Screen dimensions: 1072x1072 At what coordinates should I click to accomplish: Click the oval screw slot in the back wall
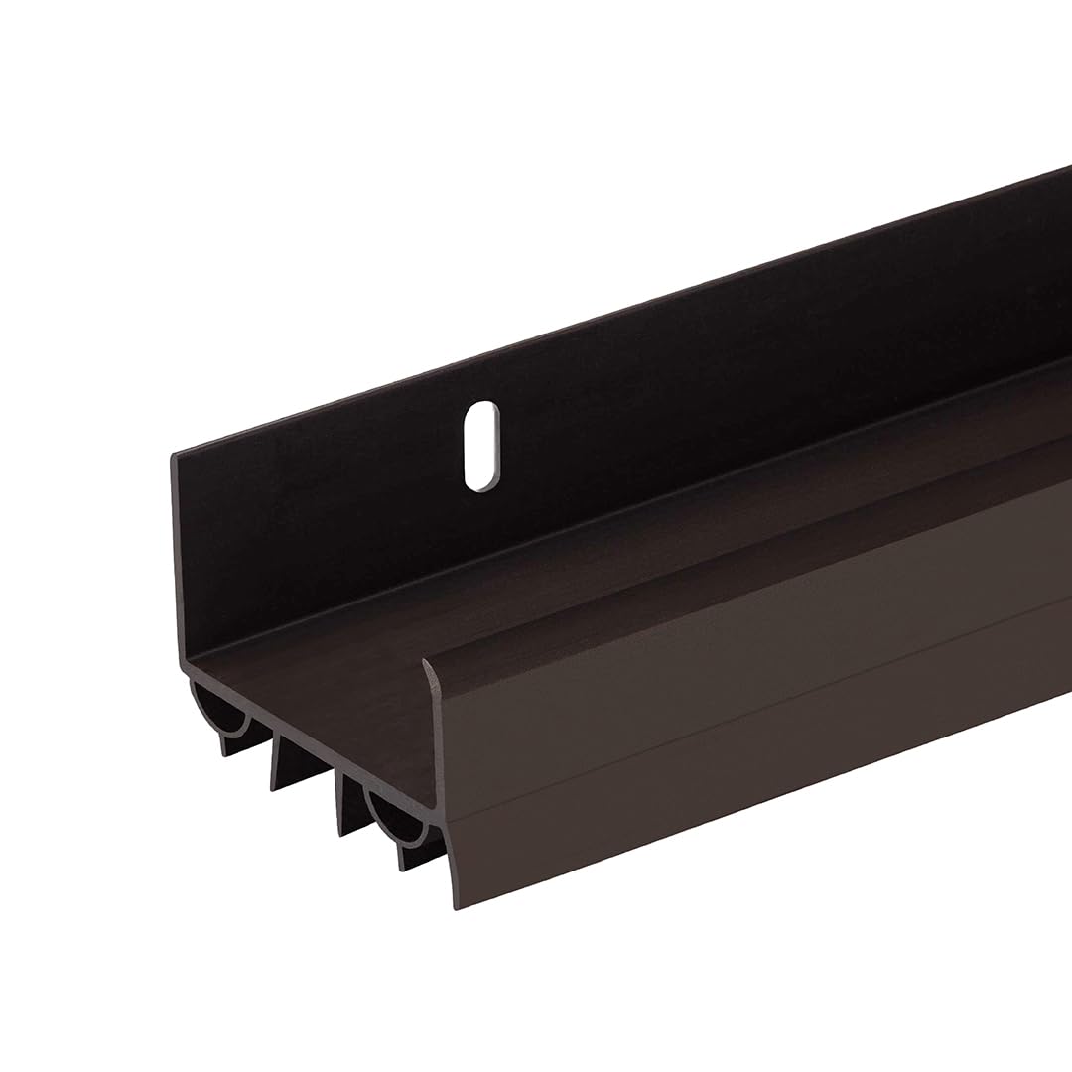480,446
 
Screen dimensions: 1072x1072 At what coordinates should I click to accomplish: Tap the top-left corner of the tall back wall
175,455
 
